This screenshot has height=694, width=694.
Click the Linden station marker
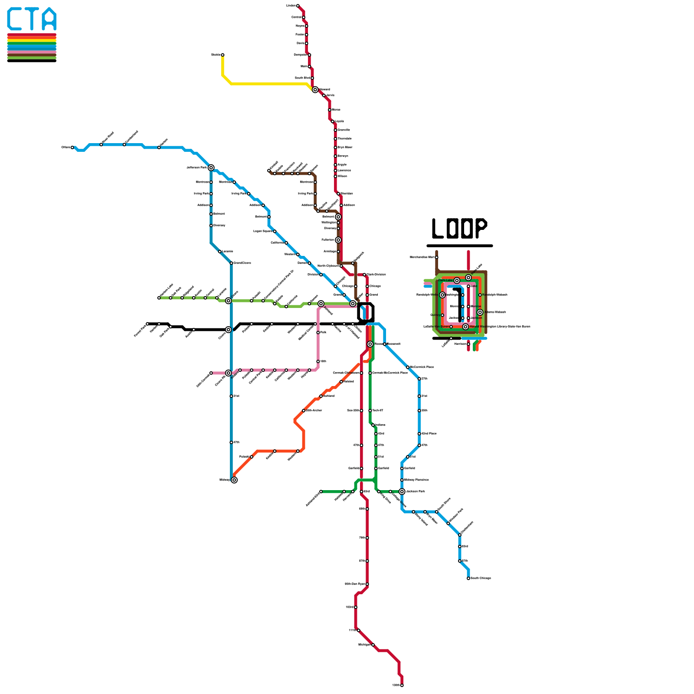point(298,6)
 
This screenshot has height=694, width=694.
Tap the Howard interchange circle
point(315,90)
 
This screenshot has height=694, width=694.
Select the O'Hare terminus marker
point(72,147)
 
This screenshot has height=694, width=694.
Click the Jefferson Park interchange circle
point(211,168)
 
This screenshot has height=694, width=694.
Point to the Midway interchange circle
point(234,480)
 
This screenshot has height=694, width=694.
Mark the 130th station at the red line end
point(402,685)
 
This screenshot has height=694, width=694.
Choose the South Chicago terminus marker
point(468,578)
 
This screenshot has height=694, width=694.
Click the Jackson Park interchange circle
point(402,491)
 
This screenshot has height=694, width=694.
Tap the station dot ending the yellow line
point(223,55)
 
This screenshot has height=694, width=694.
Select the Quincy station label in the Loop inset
point(435,315)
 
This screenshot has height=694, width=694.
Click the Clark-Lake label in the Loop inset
point(445,281)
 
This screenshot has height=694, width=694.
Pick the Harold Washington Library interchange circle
point(465,327)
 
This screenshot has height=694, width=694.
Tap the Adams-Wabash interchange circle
point(480,312)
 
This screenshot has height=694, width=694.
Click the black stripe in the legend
point(32,61)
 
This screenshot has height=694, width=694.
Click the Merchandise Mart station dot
point(437,257)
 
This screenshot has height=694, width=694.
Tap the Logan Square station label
point(263,231)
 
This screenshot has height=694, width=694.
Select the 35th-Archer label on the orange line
point(314,410)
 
